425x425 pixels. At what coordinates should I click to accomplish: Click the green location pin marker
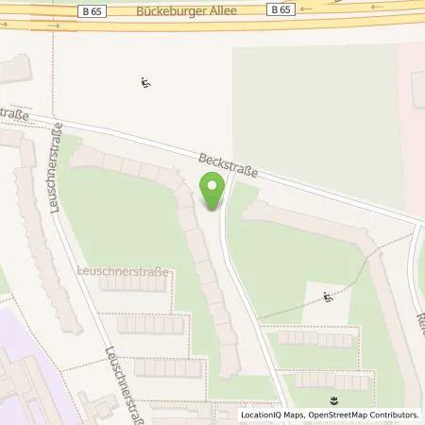coord(212,190)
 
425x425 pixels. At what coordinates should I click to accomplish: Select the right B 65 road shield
coord(280,9)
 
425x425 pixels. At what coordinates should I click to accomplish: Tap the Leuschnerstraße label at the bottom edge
coord(128,373)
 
